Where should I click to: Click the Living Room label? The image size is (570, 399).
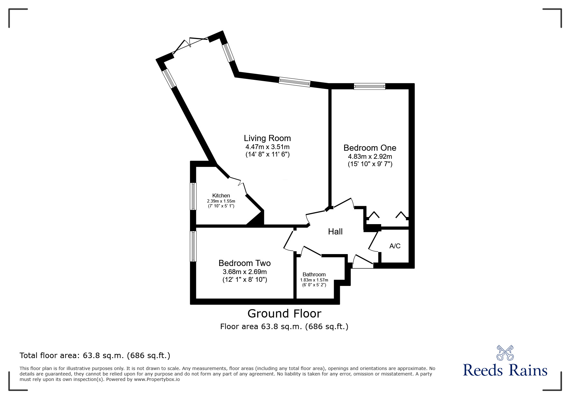pos(267,138)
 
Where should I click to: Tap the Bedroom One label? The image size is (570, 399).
pos(370,148)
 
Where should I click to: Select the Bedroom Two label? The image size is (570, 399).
pos(244,263)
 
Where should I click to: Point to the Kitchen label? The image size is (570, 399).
pos(221,195)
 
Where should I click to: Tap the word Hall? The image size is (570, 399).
pos(335,231)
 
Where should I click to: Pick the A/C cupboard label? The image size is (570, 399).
pos(395,246)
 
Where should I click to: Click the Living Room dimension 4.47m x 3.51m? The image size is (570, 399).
pos(267,147)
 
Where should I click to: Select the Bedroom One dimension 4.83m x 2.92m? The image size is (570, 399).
pos(370,157)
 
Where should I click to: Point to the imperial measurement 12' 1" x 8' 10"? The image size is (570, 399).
pos(245,280)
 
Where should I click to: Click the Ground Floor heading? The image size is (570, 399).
pos(284,313)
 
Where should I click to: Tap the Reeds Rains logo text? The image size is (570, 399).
pos(505,370)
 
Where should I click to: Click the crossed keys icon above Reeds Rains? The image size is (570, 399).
pos(505,353)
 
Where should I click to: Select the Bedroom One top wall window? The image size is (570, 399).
pos(369,86)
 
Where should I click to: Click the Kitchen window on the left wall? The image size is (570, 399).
pos(193,196)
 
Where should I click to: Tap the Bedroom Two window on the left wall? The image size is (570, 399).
pos(193,246)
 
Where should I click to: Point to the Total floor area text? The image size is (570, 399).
pos(95,356)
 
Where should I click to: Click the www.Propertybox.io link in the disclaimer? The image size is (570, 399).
pos(157,379)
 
